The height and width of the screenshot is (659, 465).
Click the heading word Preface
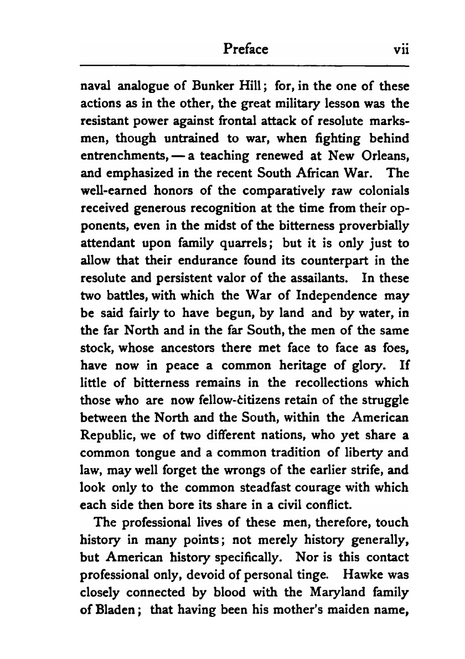[x=246, y=50]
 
